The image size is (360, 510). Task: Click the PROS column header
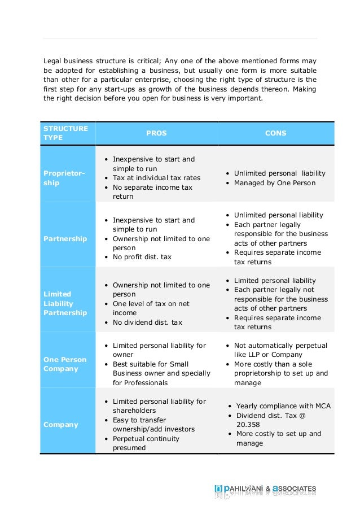coord(156,133)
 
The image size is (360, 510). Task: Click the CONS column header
coord(275,133)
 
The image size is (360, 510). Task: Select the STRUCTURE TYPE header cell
coord(65,133)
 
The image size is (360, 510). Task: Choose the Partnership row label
coord(65,239)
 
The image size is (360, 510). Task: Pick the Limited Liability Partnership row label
coord(65,303)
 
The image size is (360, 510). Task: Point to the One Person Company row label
coord(65,364)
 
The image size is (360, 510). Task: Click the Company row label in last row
coord(60,425)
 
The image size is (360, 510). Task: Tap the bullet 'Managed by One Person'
coord(274,183)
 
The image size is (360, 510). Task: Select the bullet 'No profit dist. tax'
coord(142,257)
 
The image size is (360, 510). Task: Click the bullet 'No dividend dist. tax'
coord(147,322)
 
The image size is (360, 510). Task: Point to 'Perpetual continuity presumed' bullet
coord(146,443)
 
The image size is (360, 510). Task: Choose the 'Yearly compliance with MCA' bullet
coord(283,406)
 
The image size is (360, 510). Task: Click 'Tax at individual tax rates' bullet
coord(156,178)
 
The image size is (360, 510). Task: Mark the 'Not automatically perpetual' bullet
coord(280,346)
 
